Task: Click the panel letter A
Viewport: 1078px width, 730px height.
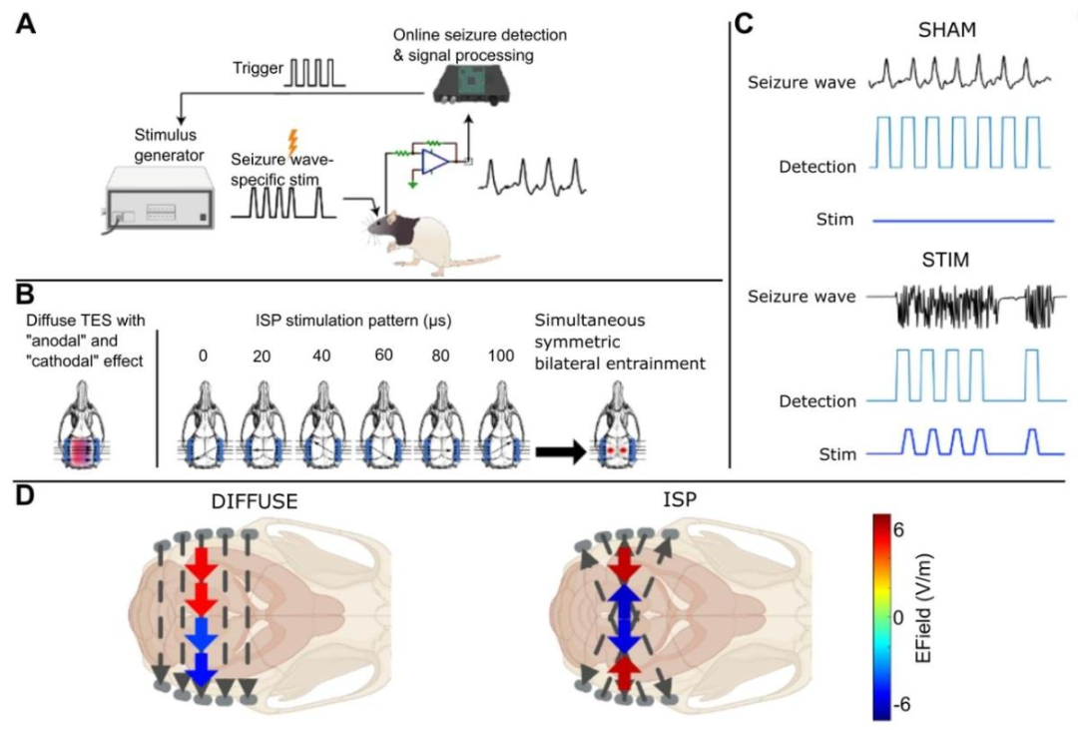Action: point(26,24)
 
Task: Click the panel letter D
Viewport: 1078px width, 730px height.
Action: point(25,495)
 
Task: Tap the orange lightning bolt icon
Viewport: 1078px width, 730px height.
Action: point(293,142)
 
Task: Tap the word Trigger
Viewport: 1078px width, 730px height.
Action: point(258,68)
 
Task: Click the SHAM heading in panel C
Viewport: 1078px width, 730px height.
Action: point(946,30)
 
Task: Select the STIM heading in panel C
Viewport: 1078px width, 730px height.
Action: point(945,260)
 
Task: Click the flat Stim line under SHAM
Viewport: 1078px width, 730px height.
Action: point(963,221)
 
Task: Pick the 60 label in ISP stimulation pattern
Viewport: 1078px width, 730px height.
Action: point(383,356)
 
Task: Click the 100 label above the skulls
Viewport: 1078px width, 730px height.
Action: point(500,356)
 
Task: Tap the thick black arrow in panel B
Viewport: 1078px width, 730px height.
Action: point(561,452)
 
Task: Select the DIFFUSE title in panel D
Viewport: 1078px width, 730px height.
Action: point(255,501)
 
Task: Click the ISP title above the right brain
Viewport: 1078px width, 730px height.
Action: point(680,499)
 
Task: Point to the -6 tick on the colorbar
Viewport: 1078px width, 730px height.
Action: point(900,705)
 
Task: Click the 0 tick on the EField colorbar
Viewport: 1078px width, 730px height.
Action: point(898,617)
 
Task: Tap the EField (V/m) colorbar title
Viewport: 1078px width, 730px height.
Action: point(924,607)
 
